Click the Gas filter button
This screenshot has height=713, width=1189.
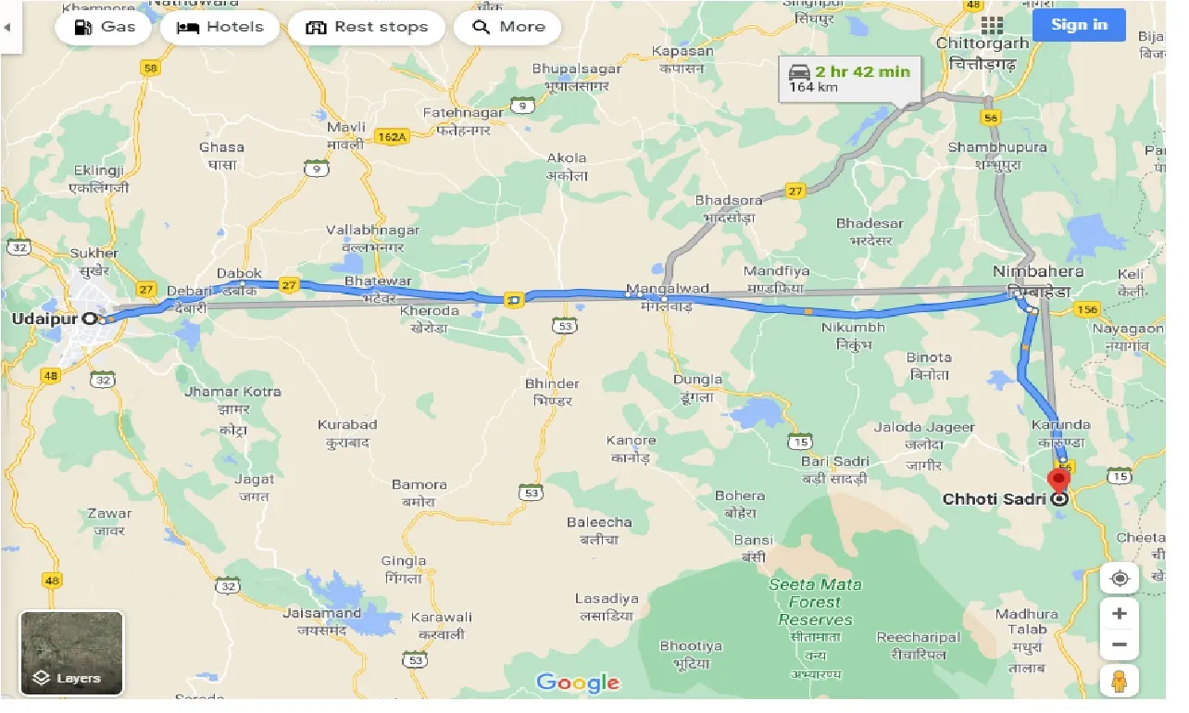coord(103,27)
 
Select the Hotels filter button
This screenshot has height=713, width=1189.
coord(219,27)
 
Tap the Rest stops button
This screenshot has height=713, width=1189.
coord(367,27)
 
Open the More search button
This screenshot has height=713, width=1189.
coord(507,27)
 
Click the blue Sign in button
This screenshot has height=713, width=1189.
coord(1079,25)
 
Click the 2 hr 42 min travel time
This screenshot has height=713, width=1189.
coord(862,71)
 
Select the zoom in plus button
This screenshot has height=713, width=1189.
coord(1120,613)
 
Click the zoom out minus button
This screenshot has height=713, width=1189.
coord(1120,644)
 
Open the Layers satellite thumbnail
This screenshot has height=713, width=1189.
coord(71,653)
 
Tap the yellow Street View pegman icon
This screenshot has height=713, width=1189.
coord(1120,682)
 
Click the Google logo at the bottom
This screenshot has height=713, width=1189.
coord(578,683)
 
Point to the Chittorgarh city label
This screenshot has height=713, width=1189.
coord(982,44)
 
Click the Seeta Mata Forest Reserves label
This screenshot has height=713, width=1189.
coord(815,602)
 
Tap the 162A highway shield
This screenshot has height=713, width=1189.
coord(392,137)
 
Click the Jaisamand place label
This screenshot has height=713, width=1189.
coord(323,613)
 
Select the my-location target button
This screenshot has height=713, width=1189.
coord(1120,579)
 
